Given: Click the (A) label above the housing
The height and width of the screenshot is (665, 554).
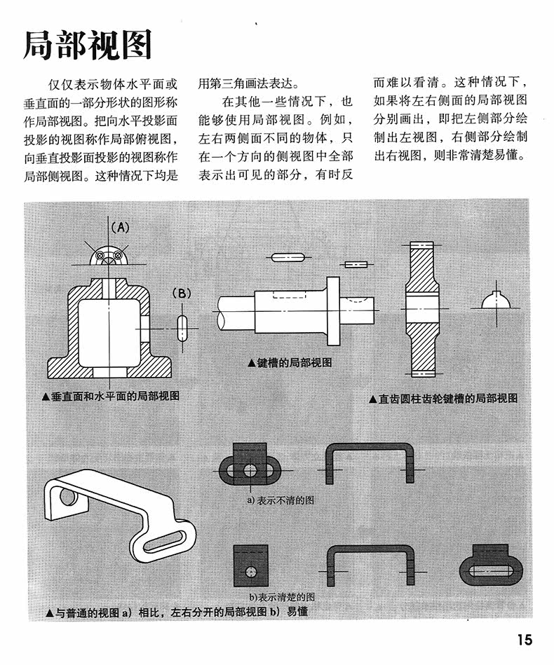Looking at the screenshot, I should (x=120, y=227).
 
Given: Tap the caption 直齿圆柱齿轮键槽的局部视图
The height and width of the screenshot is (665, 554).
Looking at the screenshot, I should (x=443, y=398).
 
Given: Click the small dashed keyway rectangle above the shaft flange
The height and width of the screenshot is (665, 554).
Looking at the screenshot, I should (x=355, y=264).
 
